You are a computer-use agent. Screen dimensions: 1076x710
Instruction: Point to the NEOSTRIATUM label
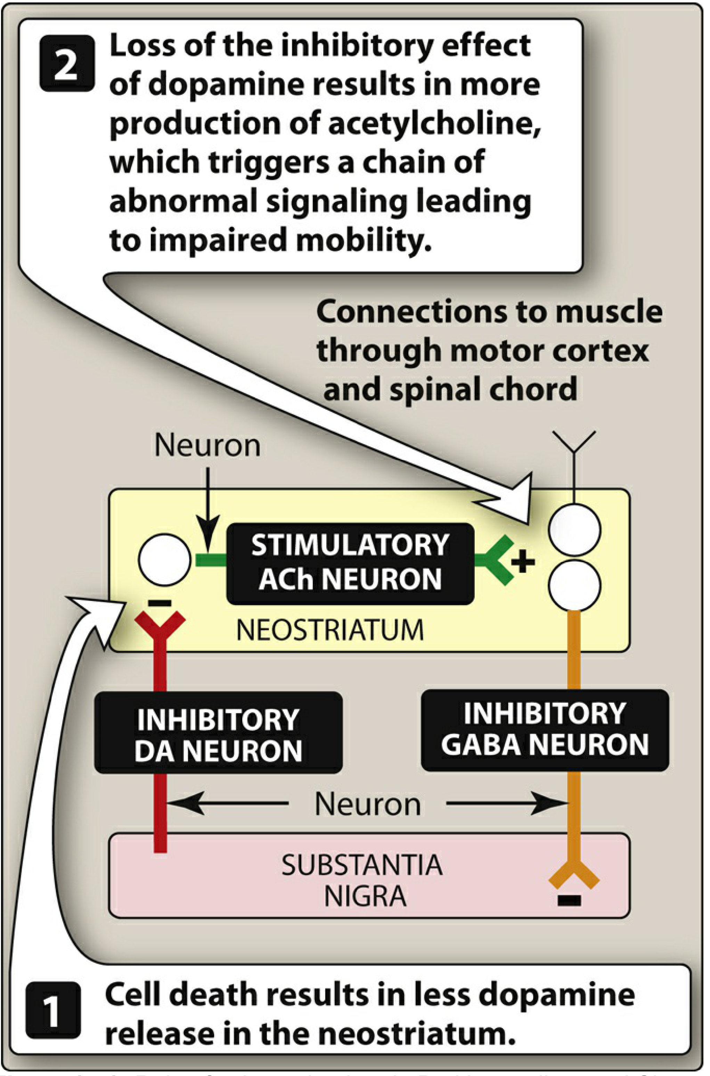(x=330, y=630)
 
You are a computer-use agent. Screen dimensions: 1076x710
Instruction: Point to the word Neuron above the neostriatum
(x=207, y=446)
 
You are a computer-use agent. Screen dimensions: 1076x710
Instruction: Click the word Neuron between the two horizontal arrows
(x=368, y=804)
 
